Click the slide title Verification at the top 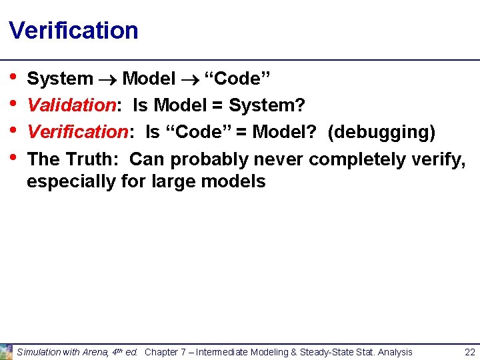73,31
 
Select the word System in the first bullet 60,79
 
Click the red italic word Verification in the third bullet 77,132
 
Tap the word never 279,159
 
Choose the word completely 358,159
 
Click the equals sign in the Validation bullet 217,105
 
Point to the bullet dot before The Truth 14,157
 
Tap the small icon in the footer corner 6,351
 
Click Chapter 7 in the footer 165,352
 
